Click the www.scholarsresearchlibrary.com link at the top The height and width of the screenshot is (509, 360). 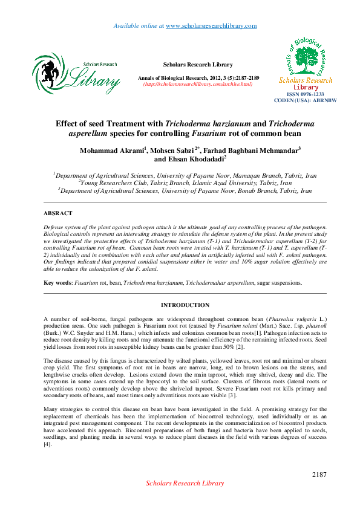tap(211, 26)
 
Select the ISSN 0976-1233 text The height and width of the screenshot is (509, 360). tap(306, 94)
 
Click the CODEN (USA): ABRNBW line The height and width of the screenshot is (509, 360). tap(306, 100)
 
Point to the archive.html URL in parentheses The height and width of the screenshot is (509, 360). tap(197, 84)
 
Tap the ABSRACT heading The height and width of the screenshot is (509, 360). tap(58, 213)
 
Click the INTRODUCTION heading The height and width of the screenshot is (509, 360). tap(185, 305)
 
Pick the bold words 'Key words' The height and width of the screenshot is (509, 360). tap(57, 283)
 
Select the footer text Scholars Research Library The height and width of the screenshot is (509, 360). tap(185, 483)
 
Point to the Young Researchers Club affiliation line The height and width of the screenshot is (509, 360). tap(185, 182)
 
